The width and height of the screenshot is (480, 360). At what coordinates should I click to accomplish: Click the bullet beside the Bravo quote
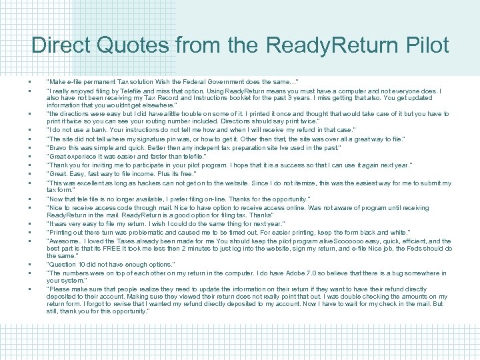pyautogui.click(x=31, y=147)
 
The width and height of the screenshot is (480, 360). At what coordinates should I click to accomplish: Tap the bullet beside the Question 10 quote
pyautogui.click(x=31, y=265)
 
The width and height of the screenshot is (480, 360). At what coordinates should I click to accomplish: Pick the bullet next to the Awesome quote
pyautogui.click(x=31, y=241)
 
